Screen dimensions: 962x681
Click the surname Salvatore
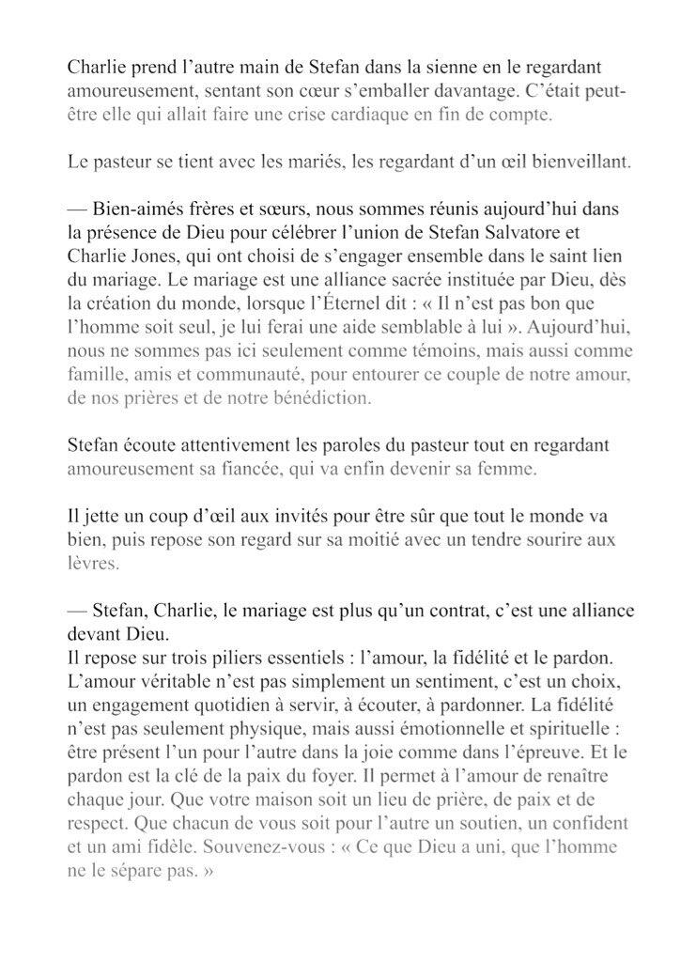click(532, 229)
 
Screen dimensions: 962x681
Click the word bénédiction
click(319, 397)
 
